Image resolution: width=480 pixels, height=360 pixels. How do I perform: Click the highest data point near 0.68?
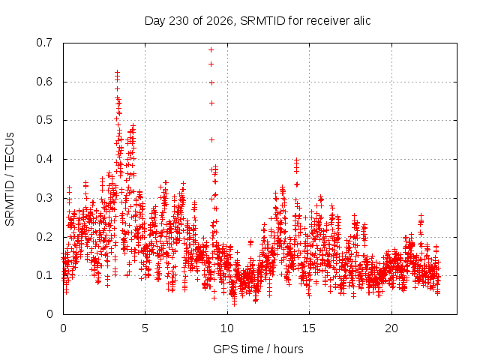(x=211, y=50)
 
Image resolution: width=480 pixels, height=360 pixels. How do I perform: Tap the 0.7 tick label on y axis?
(x=44, y=43)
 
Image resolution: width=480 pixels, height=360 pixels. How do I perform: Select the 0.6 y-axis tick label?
(x=44, y=82)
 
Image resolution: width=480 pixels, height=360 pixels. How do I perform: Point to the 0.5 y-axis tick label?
(x=44, y=120)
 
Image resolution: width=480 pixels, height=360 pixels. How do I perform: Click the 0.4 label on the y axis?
(x=44, y=159)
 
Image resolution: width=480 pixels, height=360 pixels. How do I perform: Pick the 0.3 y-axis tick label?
(x=44, y=198)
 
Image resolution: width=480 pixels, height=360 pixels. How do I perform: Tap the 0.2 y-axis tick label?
(x=44, y=237)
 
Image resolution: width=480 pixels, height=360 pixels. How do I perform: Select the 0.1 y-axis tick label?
(x=44, y=275)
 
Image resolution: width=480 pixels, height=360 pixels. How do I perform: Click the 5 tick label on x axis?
(x=145, y=328)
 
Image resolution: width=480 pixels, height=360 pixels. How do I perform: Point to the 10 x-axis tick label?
(x=227, y=328)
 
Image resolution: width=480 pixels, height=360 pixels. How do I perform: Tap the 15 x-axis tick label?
(x=309, y=328)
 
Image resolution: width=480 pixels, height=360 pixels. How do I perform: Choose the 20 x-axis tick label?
(x=391, y=328)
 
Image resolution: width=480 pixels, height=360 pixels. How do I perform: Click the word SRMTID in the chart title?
(x=262, y=21)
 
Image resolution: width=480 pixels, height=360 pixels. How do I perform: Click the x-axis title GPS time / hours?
(x=258, y=349)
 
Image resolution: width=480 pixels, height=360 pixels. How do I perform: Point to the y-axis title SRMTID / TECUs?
(x=10, y=179)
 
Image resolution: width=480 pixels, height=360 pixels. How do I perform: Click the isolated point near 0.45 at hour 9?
(x=211, y=140)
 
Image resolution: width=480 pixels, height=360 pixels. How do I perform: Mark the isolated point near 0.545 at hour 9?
(x=211, y=103)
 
